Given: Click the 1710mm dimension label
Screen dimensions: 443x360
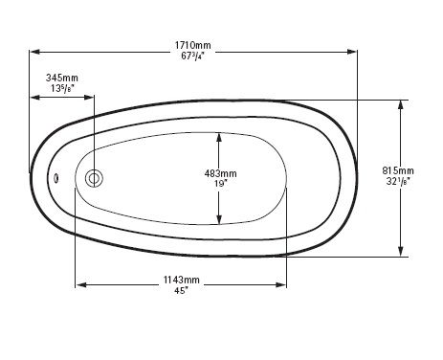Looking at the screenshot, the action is click(192, 45).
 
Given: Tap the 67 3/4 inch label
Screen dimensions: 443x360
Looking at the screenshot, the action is click(192, 56).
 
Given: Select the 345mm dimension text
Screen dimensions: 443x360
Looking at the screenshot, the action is click(62, 78).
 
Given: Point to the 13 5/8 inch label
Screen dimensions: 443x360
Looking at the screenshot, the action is click(62, 88).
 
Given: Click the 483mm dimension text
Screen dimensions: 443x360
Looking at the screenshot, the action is click(221, 173).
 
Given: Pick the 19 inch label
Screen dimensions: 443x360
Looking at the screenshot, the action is click(221, 184).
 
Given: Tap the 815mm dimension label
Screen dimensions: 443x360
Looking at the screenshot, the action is click(398, 170).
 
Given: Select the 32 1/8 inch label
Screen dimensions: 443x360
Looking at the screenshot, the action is click(398, 181).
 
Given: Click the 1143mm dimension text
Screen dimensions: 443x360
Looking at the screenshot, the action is click(182, 280).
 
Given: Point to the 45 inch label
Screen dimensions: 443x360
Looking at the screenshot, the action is click(181, 290).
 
